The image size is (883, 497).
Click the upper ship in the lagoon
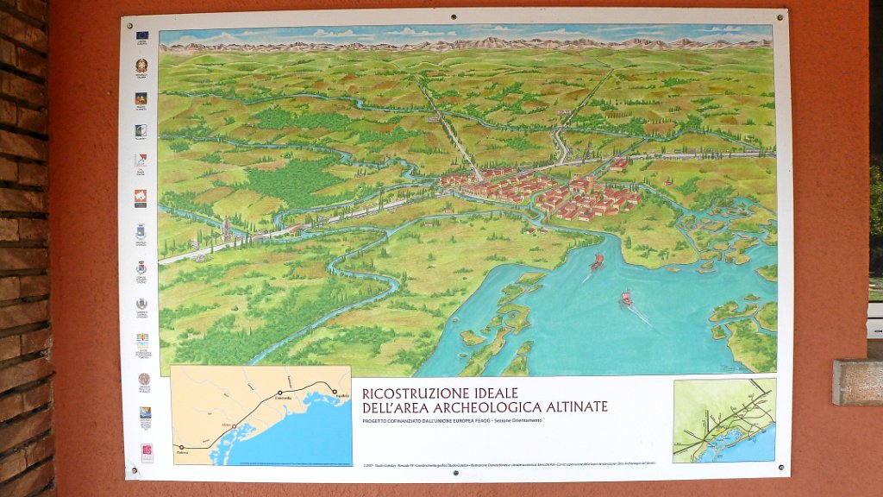tap(597, 261)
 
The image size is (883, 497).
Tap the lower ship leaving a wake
tap(626, 299)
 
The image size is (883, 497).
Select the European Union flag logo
tap(141, 36)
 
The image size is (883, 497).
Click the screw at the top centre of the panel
tap(454, 16)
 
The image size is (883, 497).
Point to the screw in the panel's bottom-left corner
tap(133, 470)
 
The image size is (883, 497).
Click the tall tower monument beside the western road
tap(225, 229)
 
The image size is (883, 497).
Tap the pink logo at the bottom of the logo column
tap(147, 452)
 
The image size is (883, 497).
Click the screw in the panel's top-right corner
tap(781, 15)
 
